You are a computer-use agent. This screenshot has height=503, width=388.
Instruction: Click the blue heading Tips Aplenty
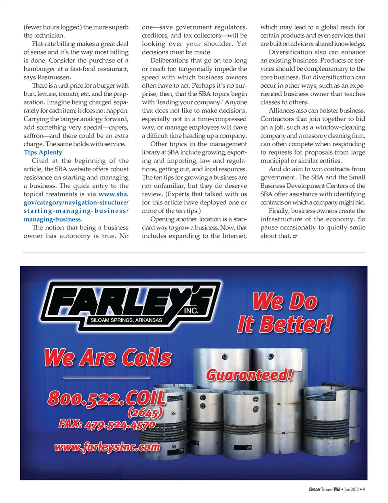point(43,152)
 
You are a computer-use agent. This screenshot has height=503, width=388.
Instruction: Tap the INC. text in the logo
point(191,310)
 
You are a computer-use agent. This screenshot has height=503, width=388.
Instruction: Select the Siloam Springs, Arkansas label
point(126,320)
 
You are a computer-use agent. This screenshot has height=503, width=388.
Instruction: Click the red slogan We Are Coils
point(108,358)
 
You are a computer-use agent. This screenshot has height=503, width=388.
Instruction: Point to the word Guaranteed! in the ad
point(249,375)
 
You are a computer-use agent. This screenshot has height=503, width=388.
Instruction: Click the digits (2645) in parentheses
point(145,413)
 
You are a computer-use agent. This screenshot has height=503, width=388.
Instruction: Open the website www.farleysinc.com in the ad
point(107,447)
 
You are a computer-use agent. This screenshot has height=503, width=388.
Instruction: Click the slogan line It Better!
point(285,324)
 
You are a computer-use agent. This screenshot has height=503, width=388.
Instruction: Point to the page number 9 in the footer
point(364,490)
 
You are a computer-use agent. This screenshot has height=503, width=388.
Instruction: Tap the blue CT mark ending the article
point(295,236)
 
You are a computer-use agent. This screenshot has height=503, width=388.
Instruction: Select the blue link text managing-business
point(52,219)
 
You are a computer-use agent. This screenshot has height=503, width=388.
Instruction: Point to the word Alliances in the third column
point(284,111)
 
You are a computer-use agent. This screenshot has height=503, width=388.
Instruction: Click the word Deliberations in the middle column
point(169,61)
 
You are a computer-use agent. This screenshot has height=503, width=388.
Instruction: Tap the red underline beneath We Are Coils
point(107,377)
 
